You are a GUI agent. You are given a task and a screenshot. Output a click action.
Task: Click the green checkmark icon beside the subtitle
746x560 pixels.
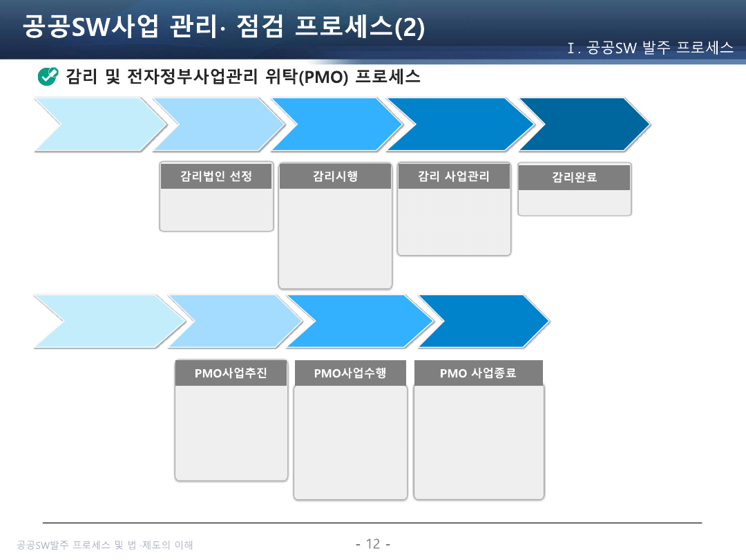point(47,76)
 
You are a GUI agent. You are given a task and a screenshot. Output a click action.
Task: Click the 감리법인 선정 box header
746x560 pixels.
point(216,176)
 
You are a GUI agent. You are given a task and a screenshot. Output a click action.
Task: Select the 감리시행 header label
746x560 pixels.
point(335,176)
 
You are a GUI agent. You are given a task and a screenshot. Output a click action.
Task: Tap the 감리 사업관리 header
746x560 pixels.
point(454,176)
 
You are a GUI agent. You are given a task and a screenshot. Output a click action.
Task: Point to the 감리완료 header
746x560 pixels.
point(574,178)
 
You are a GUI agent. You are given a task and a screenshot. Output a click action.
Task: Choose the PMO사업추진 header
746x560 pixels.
point(231,374)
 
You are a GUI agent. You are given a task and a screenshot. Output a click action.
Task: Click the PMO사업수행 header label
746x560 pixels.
point(350,374)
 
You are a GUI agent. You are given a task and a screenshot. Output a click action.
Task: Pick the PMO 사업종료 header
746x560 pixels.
point(478,374)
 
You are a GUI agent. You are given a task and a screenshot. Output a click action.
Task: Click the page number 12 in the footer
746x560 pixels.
point(373,544)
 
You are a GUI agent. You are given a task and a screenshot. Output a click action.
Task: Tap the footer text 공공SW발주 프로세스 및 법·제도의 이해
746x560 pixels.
point(105,545)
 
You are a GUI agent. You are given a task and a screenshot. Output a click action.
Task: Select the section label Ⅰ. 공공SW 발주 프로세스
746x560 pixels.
point(649,48)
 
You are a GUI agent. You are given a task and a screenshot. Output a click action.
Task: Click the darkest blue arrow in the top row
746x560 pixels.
point(584,124)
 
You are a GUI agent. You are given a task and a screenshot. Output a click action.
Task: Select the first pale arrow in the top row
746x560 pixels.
point(97,124)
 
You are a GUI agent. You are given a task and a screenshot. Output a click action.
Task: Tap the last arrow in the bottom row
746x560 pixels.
point(484,321)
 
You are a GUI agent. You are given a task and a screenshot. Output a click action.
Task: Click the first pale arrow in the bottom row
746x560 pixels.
point(104,321)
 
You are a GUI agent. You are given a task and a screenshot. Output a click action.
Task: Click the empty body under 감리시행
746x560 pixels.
point(335,239)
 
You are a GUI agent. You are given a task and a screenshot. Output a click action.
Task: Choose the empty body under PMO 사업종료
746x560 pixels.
point(479,442)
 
